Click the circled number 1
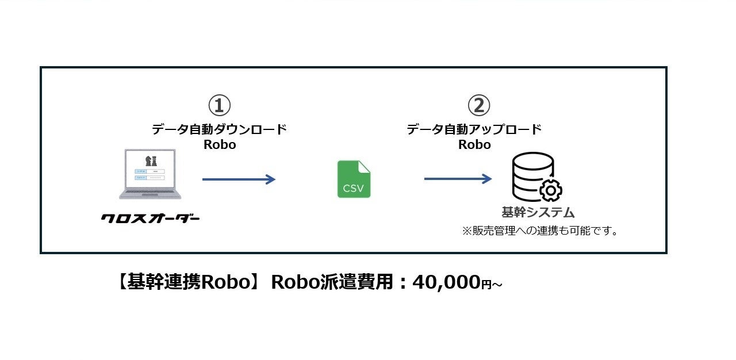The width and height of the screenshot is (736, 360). tap(219, 106)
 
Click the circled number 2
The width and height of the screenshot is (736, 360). tap(478, 106)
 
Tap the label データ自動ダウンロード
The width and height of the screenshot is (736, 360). tap(219, 129)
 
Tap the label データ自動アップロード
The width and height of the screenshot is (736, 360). tap(474, 129)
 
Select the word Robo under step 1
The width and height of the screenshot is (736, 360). tap(220, 144)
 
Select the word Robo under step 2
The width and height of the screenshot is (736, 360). tap(474, 144)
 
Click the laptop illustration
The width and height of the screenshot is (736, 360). tap(150, 175)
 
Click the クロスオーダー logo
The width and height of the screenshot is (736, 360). tap(150, 219)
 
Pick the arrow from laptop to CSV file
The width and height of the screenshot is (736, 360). tap(239, 179)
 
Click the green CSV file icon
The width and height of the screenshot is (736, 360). tap(354, 179)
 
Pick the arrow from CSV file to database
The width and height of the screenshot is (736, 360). tap(458, 179)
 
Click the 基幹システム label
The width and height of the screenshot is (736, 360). tap(538, 213)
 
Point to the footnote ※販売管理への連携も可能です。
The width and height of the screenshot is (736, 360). tap(540, 231)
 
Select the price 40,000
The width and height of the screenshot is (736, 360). tap(446, 282)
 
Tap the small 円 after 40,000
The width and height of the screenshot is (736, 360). tap(486, 285)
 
